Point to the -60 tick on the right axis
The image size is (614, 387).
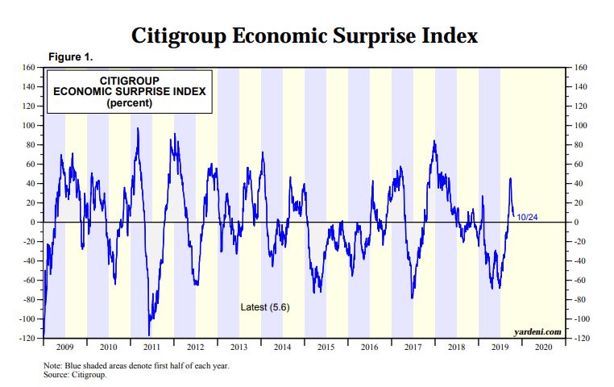(582, 281)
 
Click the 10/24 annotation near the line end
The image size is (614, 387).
(528, 218)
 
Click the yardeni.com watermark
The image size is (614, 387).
(537, 331)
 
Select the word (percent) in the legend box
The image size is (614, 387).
(128, 104)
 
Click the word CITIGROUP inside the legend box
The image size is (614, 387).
(128, 81)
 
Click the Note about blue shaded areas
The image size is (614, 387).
(136, 366)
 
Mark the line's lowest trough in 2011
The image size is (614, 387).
(149, 335)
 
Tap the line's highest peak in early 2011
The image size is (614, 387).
(138, 129)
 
